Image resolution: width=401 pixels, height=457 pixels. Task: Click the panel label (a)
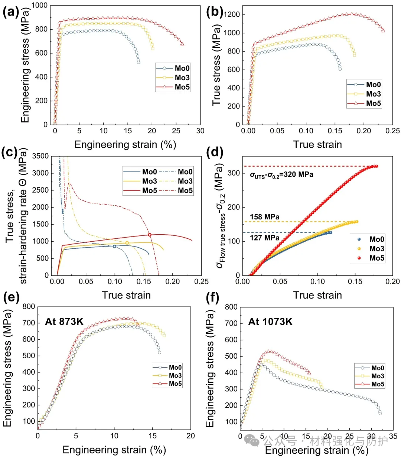[x=11, y=12]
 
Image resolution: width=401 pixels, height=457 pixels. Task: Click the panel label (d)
[x=215, y=153]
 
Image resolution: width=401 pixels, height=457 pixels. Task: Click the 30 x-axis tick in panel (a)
[x=200, y=131]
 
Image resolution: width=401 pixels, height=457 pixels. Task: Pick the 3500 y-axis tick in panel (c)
[x=41, y=156]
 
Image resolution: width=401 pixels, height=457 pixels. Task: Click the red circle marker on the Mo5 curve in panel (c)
[x=150, y=235]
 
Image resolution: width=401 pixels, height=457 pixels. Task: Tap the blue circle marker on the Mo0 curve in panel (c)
[x=114, y=246]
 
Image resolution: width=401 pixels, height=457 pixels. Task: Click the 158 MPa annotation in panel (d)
[x=265, y=217]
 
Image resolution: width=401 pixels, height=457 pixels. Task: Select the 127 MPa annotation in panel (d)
[x=265, y=238]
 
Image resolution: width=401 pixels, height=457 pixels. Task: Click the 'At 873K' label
[x=64, y=321]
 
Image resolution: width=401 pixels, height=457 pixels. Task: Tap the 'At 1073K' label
[x=270, y=321]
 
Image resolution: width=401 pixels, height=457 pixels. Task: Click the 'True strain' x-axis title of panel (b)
[x=317, y=144]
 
